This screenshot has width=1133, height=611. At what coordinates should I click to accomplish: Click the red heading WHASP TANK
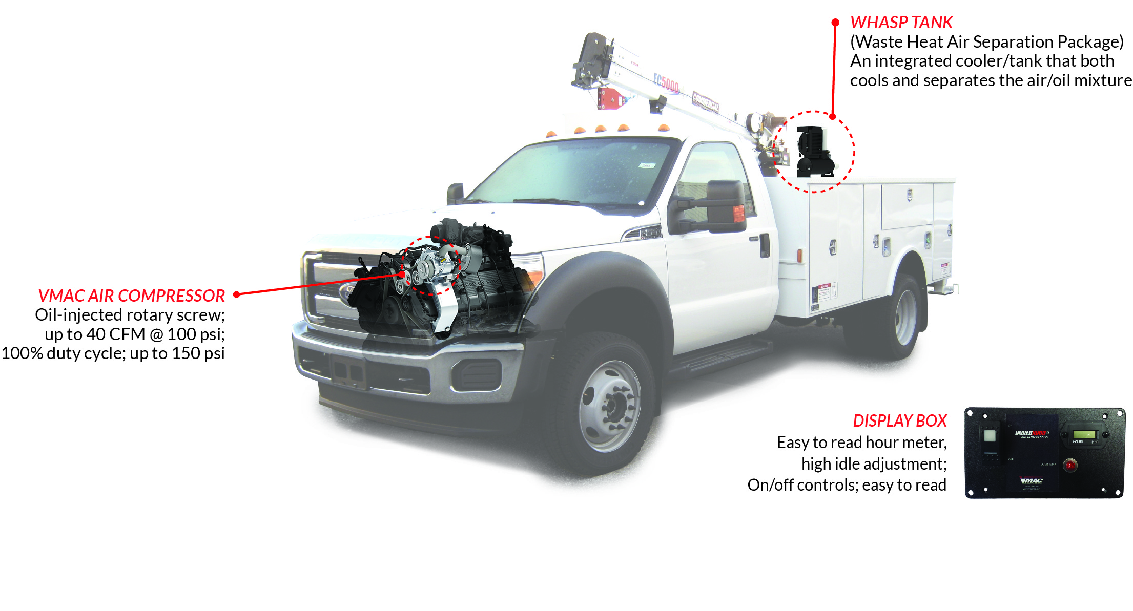click(901, 23)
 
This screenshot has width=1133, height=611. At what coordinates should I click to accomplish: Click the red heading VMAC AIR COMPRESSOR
click(131, 296)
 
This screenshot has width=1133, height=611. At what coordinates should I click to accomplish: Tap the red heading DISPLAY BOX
click(899, 421)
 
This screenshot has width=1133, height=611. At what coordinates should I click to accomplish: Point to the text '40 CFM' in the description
click(115, 334)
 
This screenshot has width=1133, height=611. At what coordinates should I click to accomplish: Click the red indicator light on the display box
click(1070, 466)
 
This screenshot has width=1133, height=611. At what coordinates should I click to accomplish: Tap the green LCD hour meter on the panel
click(1084, 435)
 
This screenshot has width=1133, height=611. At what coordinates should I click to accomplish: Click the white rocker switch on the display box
click(990, 436)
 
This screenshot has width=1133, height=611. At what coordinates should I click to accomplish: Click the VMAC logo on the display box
click(1031, 480)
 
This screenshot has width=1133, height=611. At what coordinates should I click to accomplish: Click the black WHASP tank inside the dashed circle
click(814, 152)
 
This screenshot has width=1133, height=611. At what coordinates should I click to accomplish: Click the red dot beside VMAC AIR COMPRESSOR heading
click(237, 294)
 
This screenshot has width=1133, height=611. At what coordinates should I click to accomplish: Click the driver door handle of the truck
click(765, 245)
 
